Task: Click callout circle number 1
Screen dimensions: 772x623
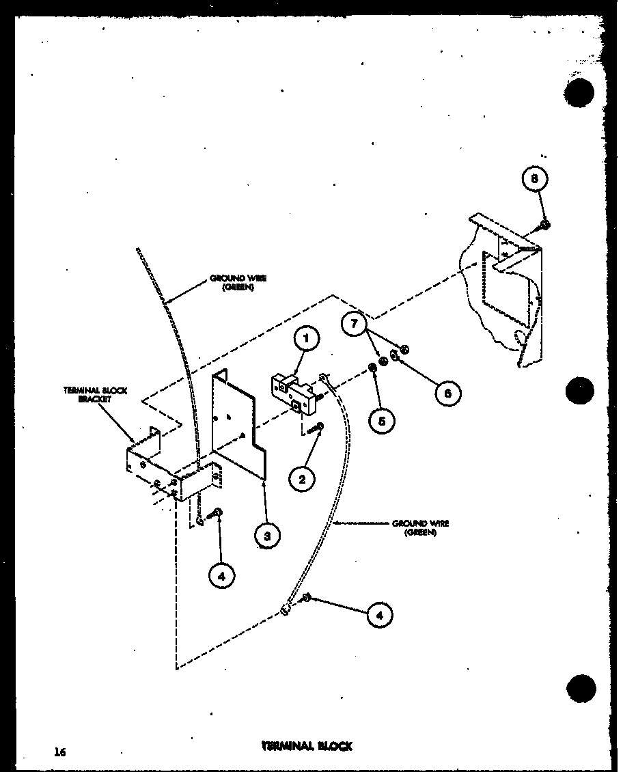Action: (307, 338)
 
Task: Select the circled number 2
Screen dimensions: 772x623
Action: (302, 478)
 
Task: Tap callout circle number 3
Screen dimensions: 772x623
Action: (266, 536)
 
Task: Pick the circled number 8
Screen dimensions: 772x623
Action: (537, 179)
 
